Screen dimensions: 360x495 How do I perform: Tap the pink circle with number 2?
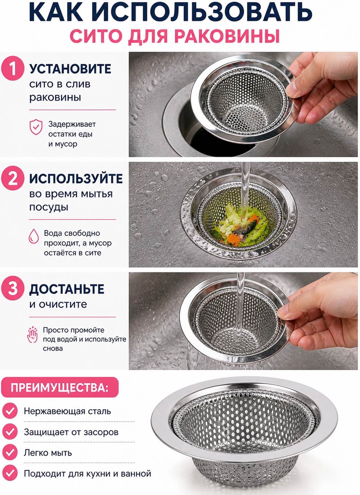pos(12,179)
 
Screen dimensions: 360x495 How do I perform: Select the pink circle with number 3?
pos(12,289)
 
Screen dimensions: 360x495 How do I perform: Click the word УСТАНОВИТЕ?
pos(70,69)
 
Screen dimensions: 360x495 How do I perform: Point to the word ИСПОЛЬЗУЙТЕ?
pos(76,179)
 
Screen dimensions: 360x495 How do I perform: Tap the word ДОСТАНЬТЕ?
pos(66,289)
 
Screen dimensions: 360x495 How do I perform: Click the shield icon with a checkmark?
pos(36,127)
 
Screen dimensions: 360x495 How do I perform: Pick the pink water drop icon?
pos(34,236)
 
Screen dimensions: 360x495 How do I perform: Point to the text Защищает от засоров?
pos(71,432)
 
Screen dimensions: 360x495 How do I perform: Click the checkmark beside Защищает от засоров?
pos(9,432)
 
